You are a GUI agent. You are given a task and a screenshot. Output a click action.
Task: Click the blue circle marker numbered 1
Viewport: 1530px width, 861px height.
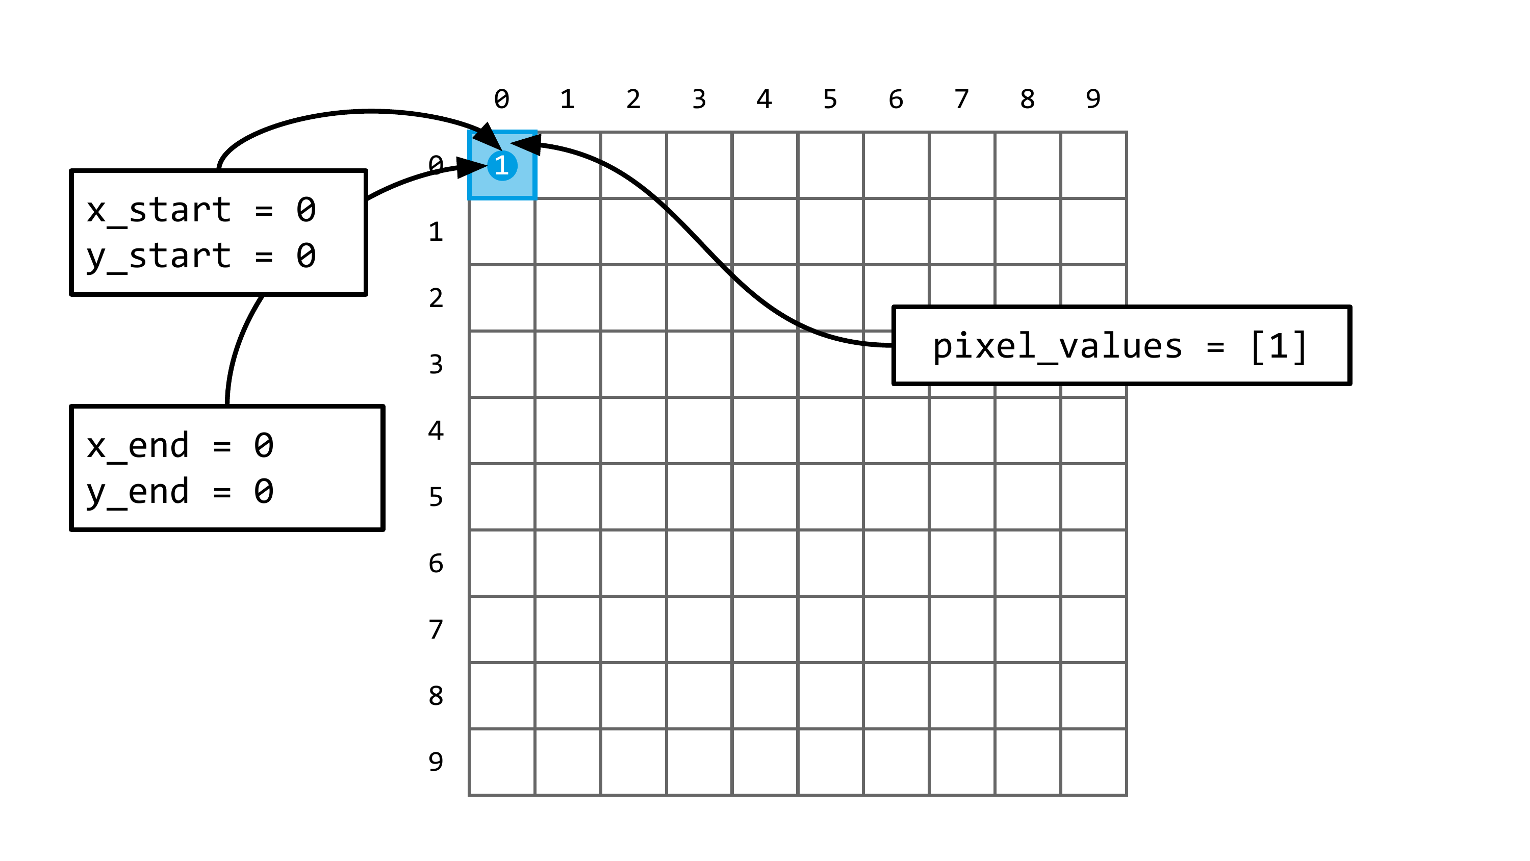502,166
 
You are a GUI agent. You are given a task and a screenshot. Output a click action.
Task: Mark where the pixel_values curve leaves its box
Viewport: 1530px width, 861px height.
894,345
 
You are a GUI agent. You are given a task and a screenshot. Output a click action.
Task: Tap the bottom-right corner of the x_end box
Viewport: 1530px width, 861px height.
383,529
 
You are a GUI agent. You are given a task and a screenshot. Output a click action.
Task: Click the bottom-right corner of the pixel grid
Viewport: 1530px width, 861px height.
1126,795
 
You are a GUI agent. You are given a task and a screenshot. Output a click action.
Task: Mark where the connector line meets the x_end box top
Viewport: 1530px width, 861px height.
227,407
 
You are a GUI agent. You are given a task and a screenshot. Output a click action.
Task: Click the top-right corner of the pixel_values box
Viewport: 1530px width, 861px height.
1350,307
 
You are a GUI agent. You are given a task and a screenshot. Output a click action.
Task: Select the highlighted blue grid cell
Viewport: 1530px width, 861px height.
502,165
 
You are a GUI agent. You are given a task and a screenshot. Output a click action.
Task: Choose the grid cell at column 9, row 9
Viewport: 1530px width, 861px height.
1093,762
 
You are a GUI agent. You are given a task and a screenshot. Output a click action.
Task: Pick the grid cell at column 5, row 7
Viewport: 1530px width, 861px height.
830,629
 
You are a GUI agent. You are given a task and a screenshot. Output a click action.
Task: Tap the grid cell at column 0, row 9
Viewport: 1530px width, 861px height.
502,762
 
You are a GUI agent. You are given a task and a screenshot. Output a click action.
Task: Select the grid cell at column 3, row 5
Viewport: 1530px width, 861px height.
699,497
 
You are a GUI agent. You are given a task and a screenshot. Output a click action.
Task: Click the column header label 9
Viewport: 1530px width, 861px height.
1093,98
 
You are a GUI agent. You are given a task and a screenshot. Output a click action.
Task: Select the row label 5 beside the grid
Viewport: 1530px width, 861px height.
436,497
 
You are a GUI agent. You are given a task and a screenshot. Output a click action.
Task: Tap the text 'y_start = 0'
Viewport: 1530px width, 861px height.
201,256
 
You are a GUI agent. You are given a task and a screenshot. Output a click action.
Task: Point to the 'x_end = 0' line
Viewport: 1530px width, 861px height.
180,446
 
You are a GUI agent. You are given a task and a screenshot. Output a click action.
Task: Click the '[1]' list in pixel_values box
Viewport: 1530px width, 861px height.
1279,346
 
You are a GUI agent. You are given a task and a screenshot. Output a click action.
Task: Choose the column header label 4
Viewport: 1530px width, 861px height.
764,98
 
